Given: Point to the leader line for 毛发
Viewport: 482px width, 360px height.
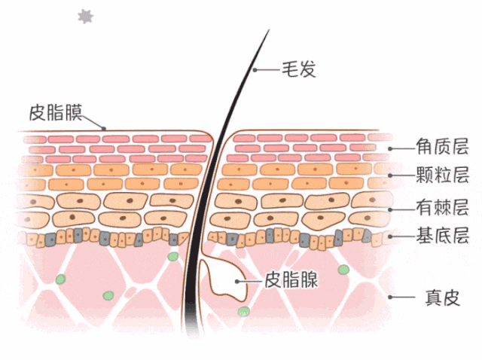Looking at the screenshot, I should (x=266, y=70).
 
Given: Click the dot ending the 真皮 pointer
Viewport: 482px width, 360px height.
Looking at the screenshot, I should (x=390, y=297).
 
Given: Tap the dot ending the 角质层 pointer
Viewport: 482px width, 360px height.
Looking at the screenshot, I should (x=391, y=148).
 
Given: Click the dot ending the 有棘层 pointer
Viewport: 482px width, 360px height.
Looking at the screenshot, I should (x=390, y=208).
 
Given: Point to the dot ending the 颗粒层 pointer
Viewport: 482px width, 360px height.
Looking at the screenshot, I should (x=390, y=176).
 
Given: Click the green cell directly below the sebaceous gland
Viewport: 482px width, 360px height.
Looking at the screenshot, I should (x=243, y=312).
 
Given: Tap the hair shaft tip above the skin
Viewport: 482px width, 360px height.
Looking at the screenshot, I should (x=267, y=34).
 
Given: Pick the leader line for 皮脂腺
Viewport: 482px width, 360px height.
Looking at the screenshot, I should (x=249, y=281).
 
